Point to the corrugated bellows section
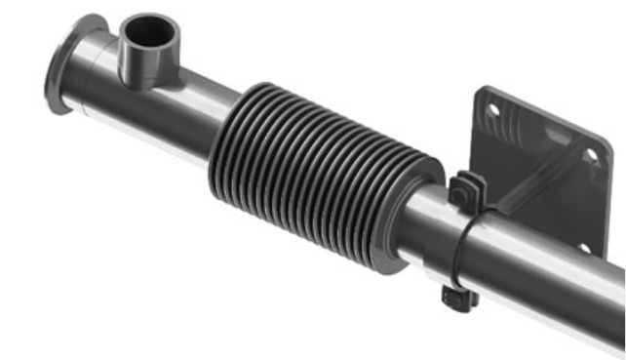click(x=312, y=171)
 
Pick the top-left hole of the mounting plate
click(x=493, y=110)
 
